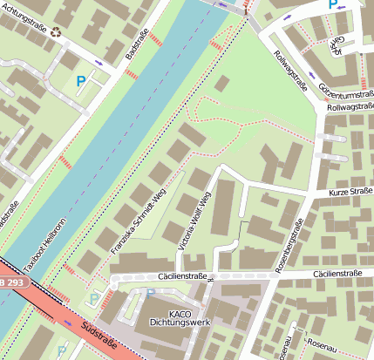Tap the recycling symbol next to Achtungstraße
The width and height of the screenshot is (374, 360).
point(57,33)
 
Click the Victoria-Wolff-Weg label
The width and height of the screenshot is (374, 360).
point(194,221)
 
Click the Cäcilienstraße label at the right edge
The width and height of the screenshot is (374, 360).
point(342,275)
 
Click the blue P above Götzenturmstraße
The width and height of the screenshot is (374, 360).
point(333,4)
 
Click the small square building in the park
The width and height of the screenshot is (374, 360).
point(222,84)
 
